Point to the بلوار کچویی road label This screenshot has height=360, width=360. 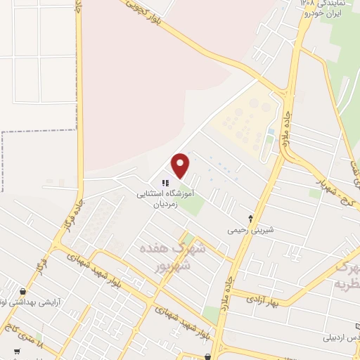pos(150,15)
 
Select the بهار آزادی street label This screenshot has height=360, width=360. pos(262,300)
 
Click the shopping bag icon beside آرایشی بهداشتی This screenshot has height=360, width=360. pos(23,291)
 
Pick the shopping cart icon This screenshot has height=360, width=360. pos(15,352)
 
